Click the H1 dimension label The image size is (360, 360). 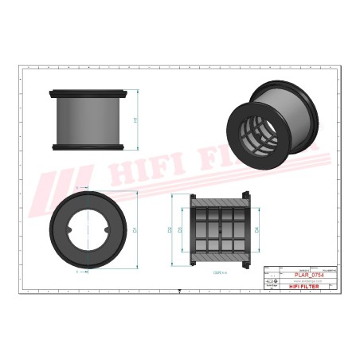click(x=135, y=119)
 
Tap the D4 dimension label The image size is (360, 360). click(x=256, y=229)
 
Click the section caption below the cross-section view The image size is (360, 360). click(x=218, y=272)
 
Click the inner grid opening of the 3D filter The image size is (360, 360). click(x=260, y=131)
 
